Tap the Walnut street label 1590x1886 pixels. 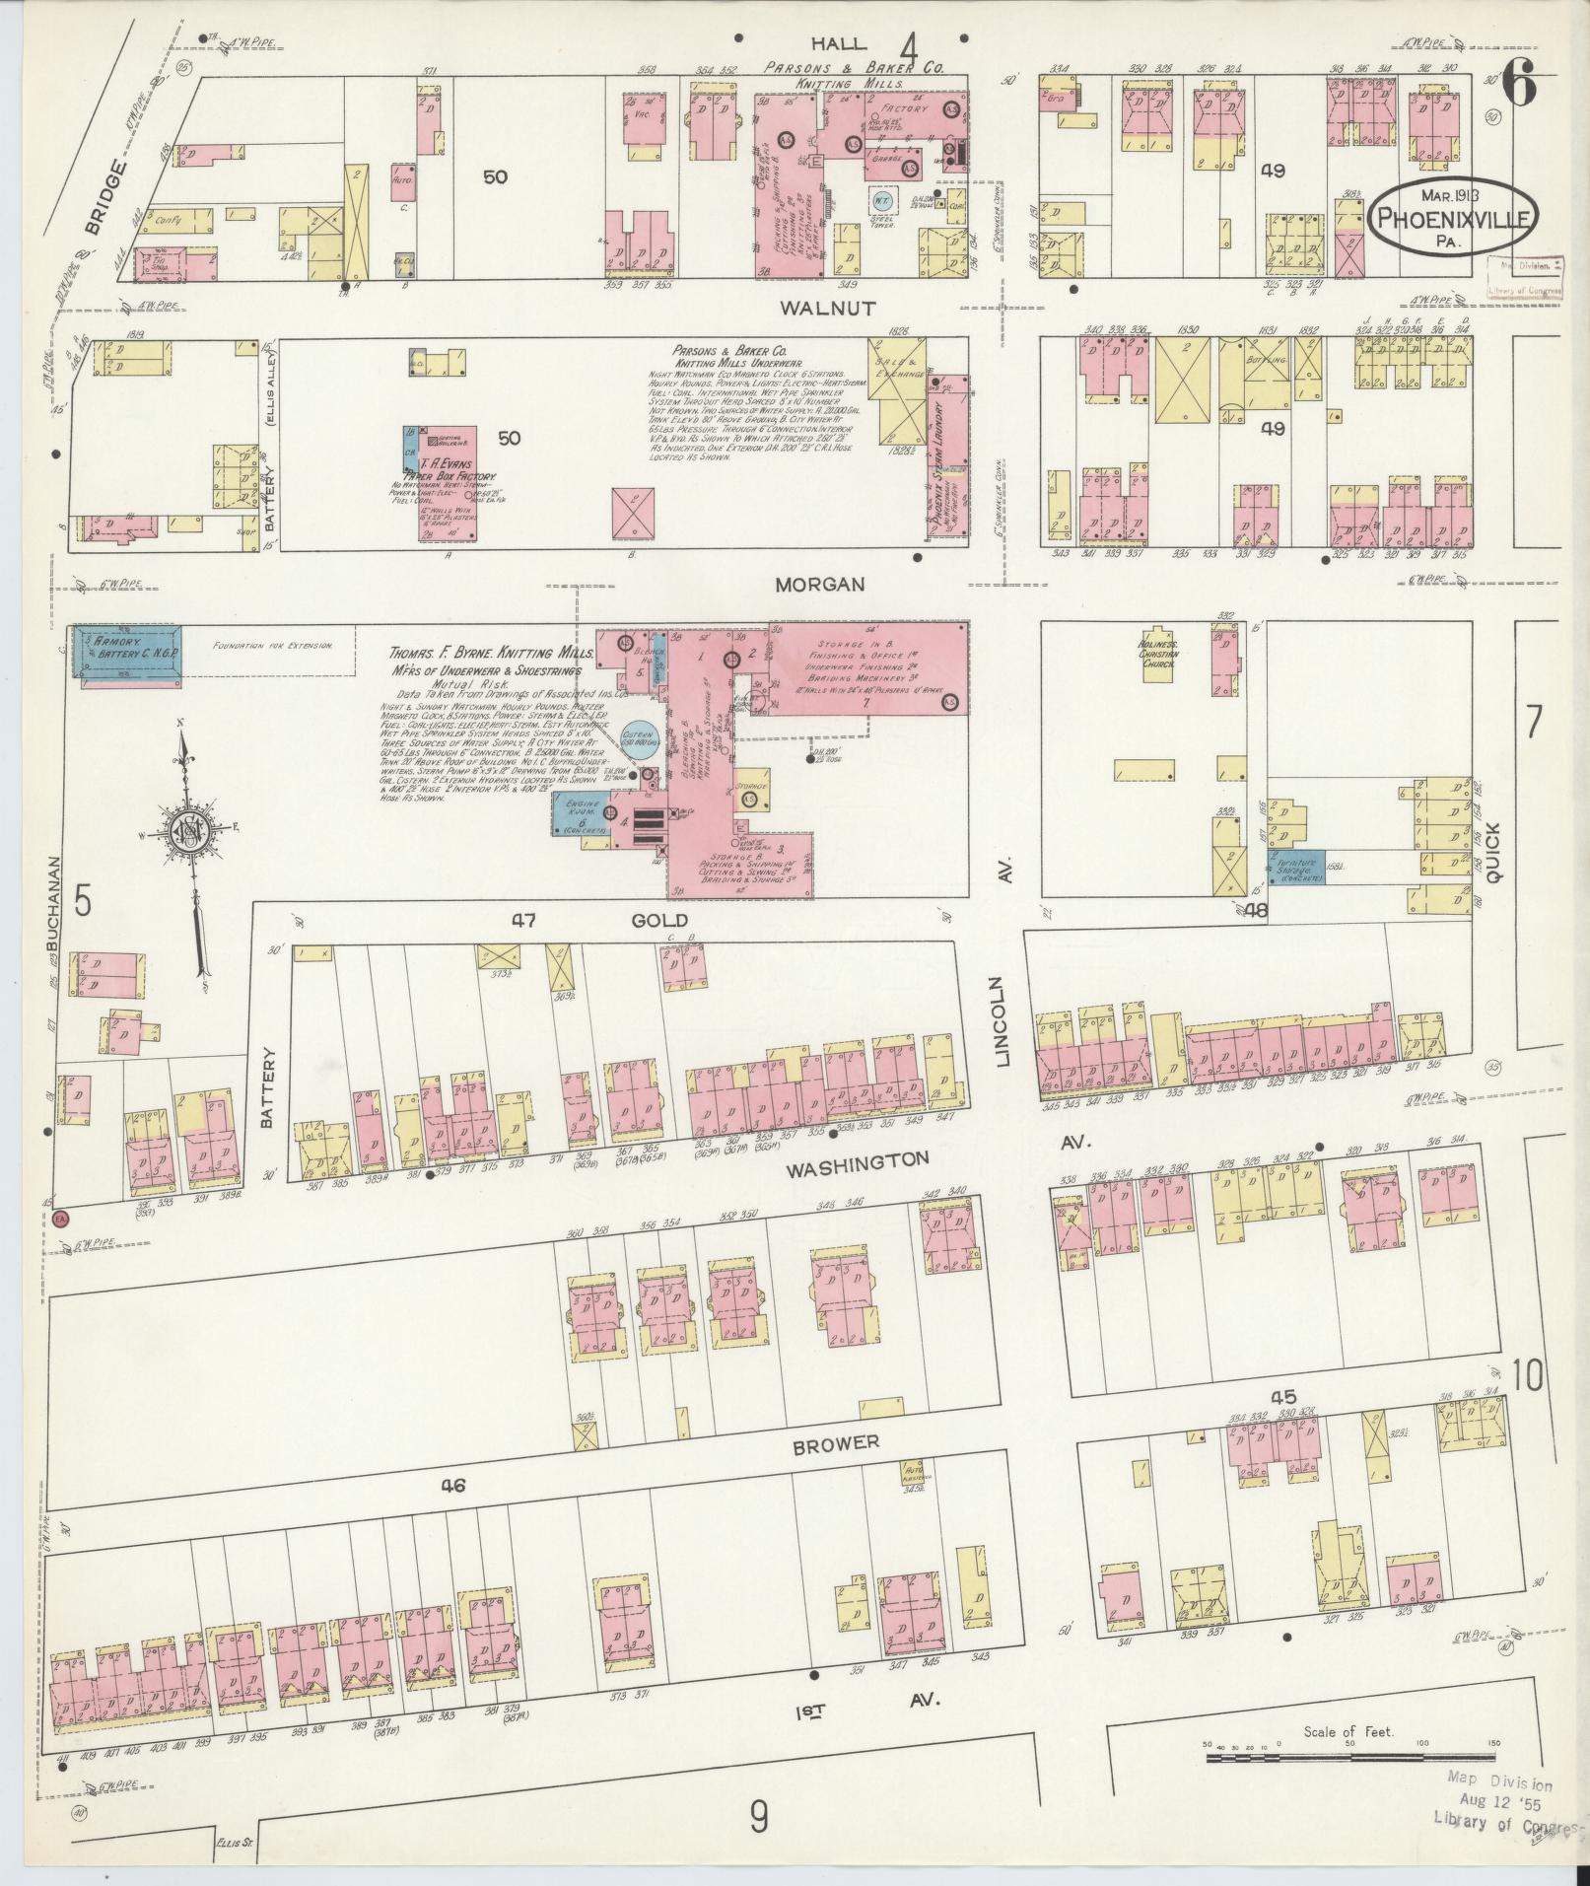(827, 309)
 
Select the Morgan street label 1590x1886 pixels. (819, 584)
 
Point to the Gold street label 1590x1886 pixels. (657, 919)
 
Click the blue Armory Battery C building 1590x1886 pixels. (127, 652)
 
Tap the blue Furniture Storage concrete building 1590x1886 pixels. (1295, 869)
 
